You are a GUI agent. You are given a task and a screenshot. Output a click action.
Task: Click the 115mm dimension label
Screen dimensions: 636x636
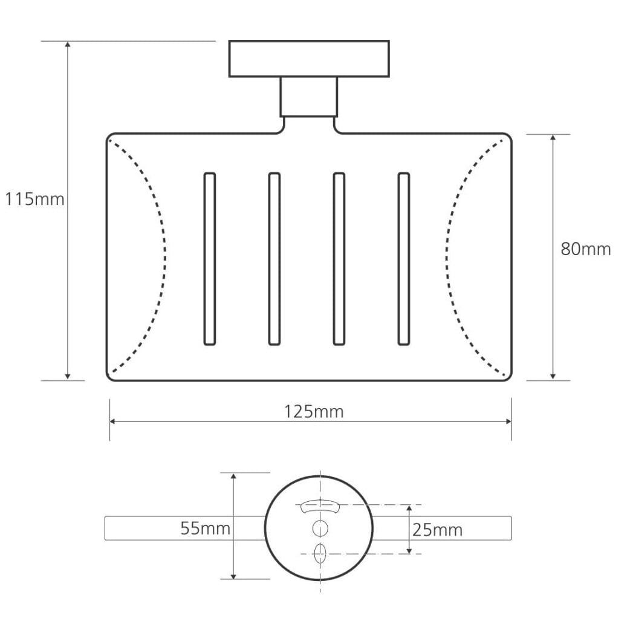[35, 199]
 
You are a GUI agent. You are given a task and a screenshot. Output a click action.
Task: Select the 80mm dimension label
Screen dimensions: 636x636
[586, 249]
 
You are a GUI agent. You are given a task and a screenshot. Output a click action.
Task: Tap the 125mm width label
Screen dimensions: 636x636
[314, 412]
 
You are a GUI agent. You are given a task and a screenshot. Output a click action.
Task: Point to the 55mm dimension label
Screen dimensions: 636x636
[205, 528]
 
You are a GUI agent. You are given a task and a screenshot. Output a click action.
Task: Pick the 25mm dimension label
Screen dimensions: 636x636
[437, 530]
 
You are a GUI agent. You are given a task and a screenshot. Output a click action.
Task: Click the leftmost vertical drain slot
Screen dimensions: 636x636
[210, 259]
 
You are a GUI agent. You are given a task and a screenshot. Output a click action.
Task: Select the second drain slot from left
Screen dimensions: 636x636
[274, 259]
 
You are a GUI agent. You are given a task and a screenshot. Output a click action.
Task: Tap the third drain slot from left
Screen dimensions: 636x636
[339, 259]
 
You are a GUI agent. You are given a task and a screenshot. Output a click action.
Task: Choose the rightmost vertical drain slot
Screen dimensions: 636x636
[404, 259]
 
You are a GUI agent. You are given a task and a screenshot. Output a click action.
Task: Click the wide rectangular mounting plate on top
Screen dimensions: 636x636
[309, 59]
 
